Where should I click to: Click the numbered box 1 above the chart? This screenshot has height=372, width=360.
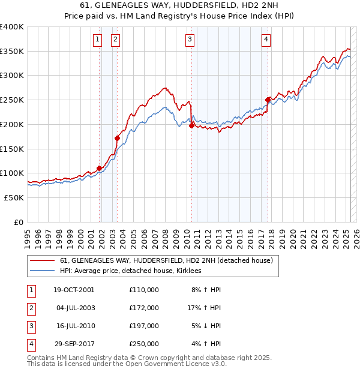(97, 40)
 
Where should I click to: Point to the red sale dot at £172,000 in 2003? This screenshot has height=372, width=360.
(117, 138)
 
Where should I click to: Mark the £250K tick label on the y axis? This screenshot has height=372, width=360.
(12, 100)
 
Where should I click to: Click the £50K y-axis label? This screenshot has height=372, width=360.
(14, 197)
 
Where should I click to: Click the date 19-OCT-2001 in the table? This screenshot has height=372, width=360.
(74, 290)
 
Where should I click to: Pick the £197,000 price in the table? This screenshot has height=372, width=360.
(144, 326)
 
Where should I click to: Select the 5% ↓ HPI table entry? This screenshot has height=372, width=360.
(206, 326)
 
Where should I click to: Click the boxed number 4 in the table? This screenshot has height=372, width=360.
(29, 344)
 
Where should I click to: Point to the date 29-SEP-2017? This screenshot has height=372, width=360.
(74, 344)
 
